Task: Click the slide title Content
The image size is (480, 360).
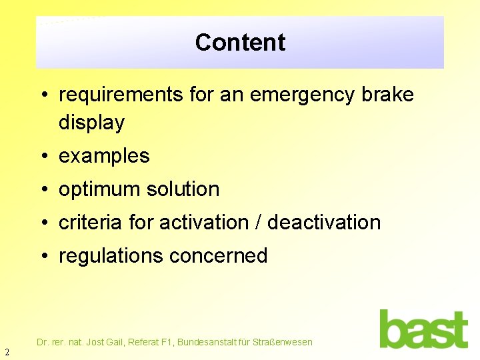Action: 240,42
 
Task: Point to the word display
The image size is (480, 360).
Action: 91,123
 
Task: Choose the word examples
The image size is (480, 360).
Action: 104,156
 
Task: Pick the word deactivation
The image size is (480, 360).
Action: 324,223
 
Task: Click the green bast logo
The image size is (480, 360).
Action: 423,329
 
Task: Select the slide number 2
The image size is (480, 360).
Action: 7,352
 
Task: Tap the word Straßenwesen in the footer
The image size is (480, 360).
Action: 283,342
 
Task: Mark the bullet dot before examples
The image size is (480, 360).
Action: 43,157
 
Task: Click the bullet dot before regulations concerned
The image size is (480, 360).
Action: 43,257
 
